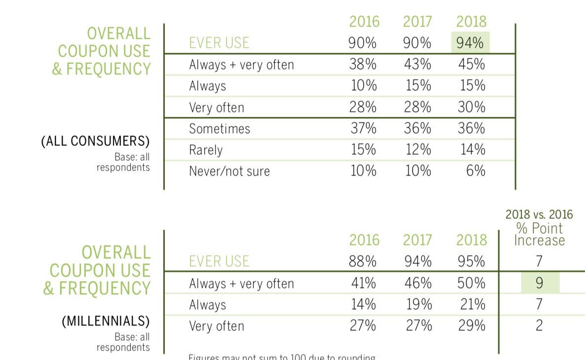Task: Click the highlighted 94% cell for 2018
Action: [470, 43]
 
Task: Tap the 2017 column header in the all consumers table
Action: [417, 22]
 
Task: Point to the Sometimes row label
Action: [219, 129]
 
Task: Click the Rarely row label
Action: [206, 150]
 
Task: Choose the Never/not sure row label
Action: [229, 171]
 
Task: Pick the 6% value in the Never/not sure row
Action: [475, 171]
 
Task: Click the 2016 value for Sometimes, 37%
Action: [364, 129]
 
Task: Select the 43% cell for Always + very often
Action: [417, 65]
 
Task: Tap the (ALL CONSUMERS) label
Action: [95, 142]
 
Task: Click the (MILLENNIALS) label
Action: [106, 322]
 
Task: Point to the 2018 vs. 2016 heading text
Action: [539, 215]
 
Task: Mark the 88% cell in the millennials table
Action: [363, 261]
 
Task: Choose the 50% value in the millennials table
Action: [472, 284]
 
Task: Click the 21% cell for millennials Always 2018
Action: [472, 305]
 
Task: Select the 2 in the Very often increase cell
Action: [539, 326]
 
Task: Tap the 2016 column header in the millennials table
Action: [364, 240]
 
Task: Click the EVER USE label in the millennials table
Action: [219, 261]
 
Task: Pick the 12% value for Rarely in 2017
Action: [417, 150]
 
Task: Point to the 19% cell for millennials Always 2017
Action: [417, 305]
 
